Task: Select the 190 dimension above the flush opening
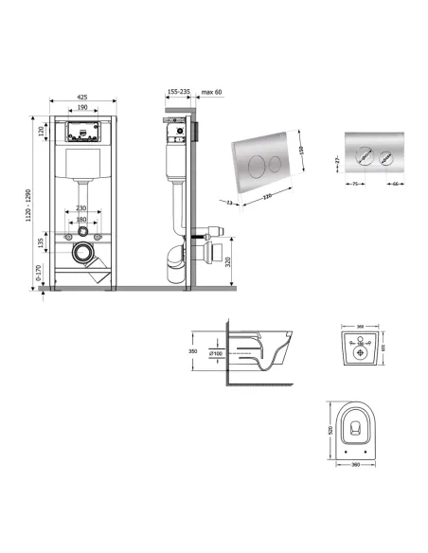click(82, 107)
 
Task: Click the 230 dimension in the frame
click(82, 208)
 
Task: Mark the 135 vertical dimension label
click(42, 242)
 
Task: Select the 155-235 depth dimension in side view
click(178, 91)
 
